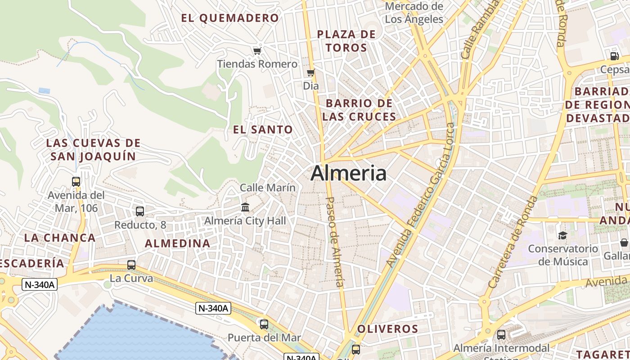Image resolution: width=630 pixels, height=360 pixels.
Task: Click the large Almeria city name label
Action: click(x=348, y=173)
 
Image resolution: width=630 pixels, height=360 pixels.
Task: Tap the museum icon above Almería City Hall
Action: click(x=245, y=207)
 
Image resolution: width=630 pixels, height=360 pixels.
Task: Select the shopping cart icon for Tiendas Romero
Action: click(x=257, y=51)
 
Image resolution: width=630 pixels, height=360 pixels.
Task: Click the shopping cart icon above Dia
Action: click(x=310, y=72)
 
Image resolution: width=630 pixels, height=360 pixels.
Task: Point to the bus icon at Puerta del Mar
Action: click(x=264, y=324)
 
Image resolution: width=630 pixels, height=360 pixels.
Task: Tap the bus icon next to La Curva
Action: click(x=131, y=265)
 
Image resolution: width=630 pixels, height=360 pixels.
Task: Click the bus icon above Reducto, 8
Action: click(x=140, y=211)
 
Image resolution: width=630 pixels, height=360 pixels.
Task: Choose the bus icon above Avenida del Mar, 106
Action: click(x=76, y=182)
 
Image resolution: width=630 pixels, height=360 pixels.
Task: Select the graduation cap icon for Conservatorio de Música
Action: click(x=562, y=235)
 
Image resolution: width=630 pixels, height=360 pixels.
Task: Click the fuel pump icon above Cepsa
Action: click(x=614, y=56)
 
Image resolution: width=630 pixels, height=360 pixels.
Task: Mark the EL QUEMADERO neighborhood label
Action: click(x=230, y=18)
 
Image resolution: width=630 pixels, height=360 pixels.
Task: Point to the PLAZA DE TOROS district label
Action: click(x=346, y=41)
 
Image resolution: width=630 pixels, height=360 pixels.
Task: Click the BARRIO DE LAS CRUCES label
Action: click(x=359, y=110)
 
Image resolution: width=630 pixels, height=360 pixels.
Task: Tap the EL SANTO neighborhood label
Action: click(x=263, y=130)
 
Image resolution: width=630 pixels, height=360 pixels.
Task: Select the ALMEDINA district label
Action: click(x=177, y=243)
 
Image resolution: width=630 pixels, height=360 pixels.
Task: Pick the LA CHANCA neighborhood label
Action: click(x=60, y=238)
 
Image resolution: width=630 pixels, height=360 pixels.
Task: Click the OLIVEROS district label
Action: click(x=387, y=329)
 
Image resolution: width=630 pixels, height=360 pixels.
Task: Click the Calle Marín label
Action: click(x=268, y=188)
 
